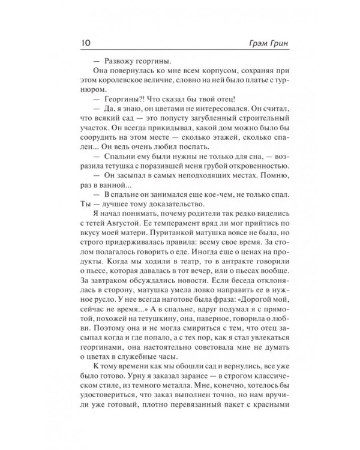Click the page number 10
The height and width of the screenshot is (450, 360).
click(80, 44)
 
